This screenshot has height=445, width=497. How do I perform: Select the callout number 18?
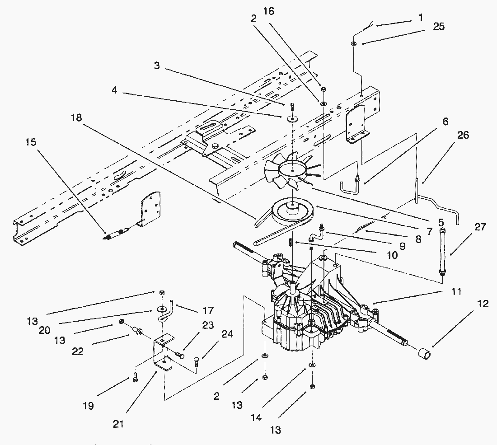tap(77, 118)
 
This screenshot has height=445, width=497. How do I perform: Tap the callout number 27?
tap(480, 227)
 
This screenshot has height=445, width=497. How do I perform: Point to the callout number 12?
tap(483, 304)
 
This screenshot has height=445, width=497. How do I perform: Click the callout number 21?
tap(119, 424)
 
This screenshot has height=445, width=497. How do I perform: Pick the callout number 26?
tap(463, 135)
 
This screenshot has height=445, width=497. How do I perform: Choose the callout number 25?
tap(438, 27)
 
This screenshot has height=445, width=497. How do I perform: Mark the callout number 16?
tap(268, 11)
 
